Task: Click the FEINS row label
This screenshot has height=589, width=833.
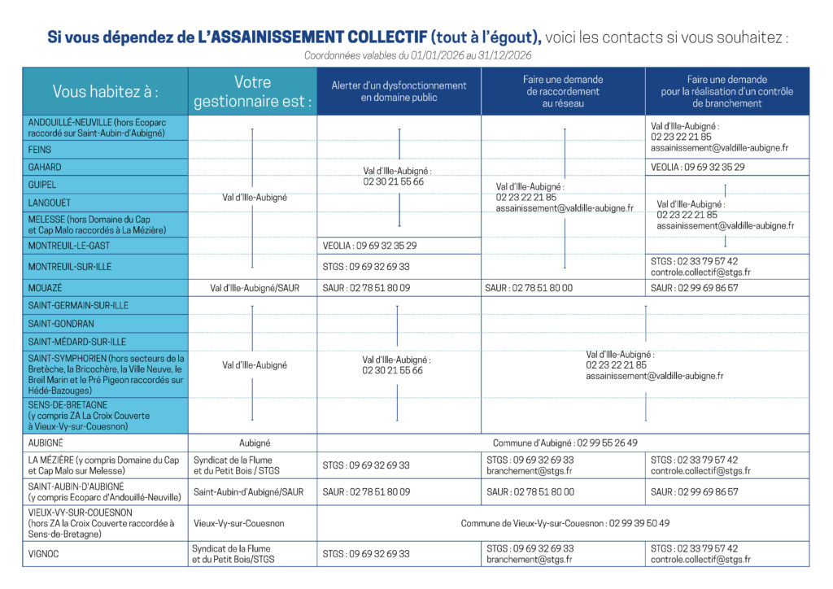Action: point(40,149)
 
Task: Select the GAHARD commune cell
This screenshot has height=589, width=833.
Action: point(45,167)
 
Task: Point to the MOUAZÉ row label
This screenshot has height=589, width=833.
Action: point(45,287)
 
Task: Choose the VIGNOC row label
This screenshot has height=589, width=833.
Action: point(44,553)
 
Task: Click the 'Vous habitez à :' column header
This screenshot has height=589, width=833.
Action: point(105,91)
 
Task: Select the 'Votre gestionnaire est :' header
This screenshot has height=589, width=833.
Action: point(252,91)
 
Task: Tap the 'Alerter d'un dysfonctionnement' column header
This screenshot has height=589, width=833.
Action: point(399,91)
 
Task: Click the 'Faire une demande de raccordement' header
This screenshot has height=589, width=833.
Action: point(563,91)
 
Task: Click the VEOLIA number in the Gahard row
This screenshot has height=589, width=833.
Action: point(698,167)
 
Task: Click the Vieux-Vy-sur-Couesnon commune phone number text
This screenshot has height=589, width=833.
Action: point(565,523)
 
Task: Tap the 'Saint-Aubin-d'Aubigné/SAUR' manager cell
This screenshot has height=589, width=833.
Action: point(248,491)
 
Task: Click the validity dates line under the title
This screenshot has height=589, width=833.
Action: point(417,55)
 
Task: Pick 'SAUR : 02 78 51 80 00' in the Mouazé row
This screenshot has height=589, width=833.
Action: point(529,287)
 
